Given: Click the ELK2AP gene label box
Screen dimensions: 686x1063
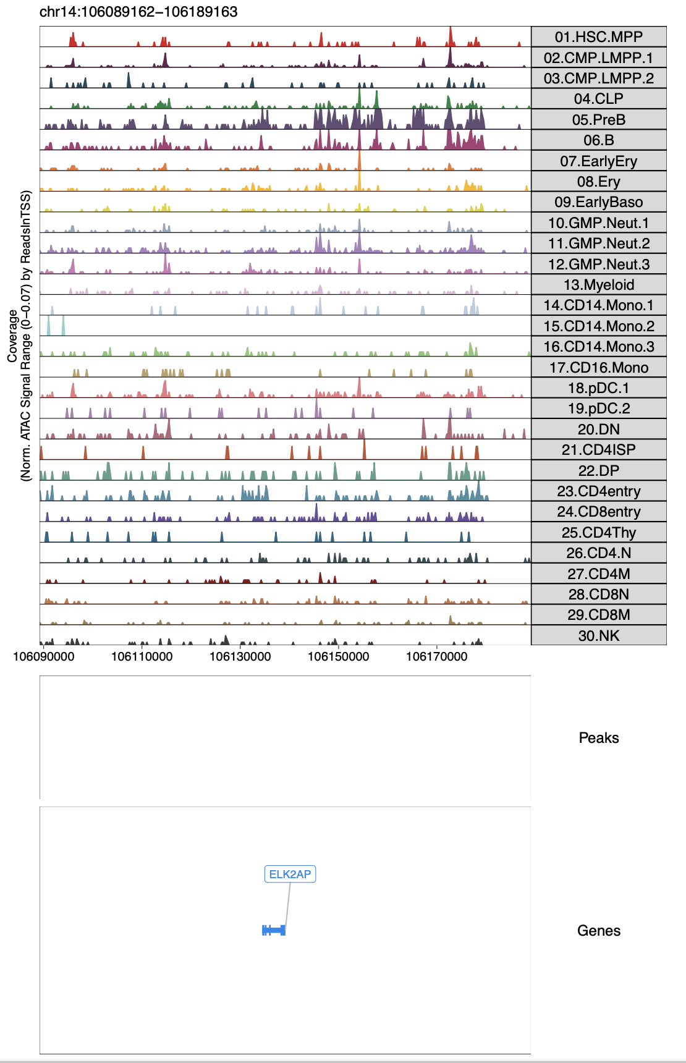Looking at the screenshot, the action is (290, 874).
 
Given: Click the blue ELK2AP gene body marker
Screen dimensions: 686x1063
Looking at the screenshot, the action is (274, 930).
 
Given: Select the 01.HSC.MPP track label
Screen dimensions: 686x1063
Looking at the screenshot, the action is (598, 37).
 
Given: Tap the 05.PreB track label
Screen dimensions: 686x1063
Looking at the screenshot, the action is (598, 120).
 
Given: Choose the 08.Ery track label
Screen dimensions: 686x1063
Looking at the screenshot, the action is (598, 182).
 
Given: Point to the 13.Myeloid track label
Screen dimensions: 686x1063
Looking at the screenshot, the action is (598, 285).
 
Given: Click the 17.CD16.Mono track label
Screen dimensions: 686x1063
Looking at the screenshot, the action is (598, 368).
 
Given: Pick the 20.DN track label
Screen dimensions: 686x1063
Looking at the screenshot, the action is (598, 430).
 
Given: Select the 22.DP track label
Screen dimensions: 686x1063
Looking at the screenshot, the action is (598, 471).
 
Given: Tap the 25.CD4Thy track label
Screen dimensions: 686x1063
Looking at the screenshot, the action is (598, 533).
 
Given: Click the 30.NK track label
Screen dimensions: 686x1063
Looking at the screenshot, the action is (598, 636).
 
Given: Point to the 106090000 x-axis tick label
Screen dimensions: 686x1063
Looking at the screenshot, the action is (44, 656).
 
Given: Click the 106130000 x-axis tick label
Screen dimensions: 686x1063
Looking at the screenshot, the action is (240, 656).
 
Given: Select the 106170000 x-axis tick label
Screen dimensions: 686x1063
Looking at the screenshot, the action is (437, 656).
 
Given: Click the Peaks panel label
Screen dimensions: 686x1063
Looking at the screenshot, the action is (598, 738).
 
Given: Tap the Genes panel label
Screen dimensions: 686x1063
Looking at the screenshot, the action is (598, 931).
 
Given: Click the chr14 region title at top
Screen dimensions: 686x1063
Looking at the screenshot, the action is (138, 12).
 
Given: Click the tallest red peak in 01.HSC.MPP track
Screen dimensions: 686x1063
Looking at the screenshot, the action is (451, 36).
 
